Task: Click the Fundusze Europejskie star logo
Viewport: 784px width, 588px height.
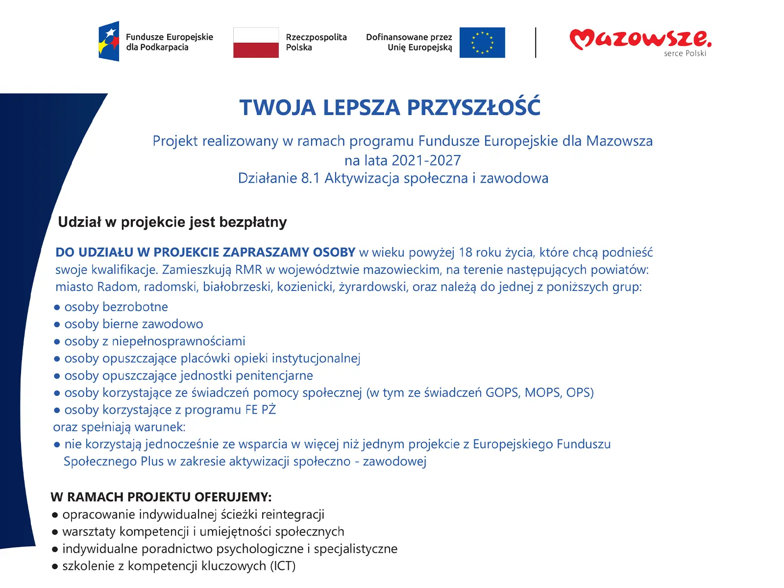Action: tap(109, 41)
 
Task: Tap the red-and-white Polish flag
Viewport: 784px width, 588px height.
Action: tap(256, 43)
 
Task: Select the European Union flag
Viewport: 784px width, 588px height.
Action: tap(482, 43)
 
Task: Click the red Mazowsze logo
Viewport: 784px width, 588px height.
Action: tap(639, 39)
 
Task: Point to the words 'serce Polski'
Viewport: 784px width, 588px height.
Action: tap(685, 53)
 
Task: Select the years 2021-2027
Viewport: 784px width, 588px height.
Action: tap(426, 160)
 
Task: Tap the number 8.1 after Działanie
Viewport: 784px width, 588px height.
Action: tap(311, 178)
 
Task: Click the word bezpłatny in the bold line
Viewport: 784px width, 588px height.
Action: tap(253, 222)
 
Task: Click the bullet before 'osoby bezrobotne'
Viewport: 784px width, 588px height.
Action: tap(57, 307)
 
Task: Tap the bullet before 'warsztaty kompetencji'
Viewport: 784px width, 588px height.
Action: tap(55, 532)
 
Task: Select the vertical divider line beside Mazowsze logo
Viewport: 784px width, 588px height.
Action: tap(536, 43)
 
